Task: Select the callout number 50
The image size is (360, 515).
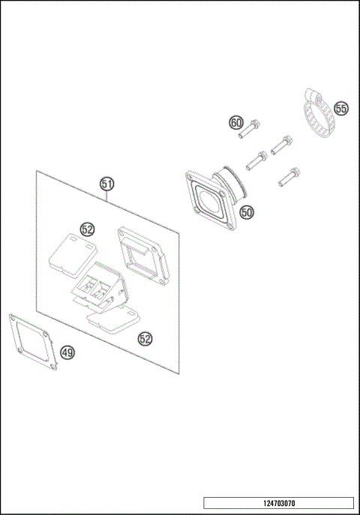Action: coord(247,212)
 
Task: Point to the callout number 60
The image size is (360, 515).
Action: coord(236,122)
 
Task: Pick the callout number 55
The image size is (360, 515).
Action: coord(341,109)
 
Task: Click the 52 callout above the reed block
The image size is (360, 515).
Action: coord(88,229)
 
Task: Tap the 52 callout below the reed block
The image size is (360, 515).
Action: coord(145,339)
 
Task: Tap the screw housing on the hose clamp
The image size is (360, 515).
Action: coord(313,95)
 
